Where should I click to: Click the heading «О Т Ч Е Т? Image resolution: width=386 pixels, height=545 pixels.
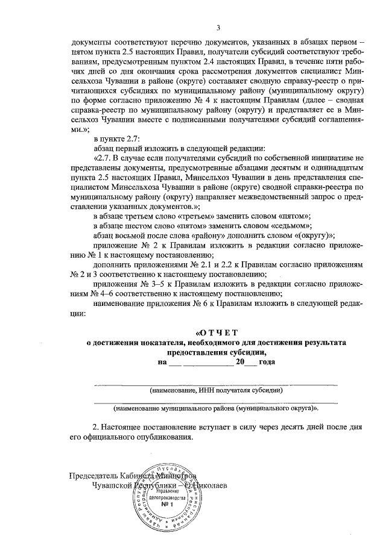tap(218, 332)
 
